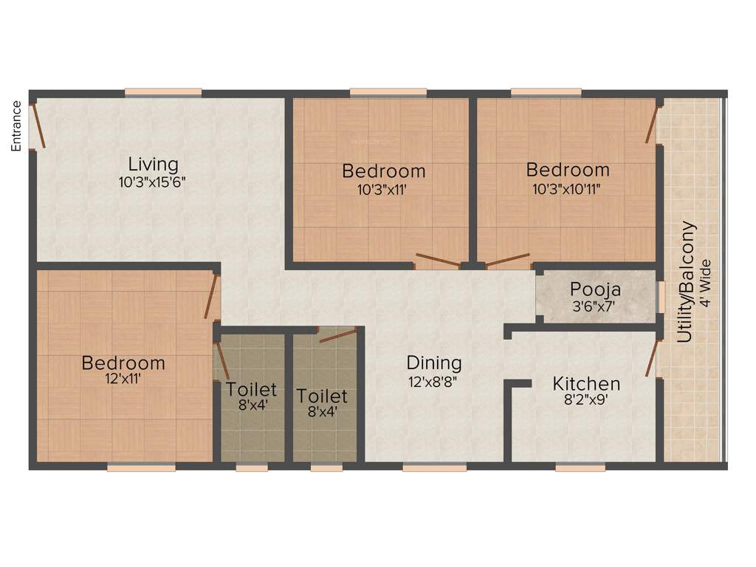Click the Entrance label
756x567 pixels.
coord(16,125)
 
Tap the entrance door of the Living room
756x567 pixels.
coord(37,126)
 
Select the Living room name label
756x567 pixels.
coord(153,164)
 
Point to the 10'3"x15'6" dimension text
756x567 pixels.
coord(153,182)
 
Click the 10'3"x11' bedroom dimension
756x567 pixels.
coord(383,189)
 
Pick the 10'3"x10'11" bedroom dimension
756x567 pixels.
coord(567,188)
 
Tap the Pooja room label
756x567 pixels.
coord(595,289)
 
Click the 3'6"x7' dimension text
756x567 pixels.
coord(595,306)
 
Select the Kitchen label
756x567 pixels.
coord(586,384)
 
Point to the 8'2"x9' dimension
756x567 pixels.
coord(586,402)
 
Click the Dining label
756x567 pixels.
coord(434,363)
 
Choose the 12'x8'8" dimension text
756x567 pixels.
coord(434,382)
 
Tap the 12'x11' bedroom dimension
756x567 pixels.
coord(123,381)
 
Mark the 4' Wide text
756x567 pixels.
coord(706,284)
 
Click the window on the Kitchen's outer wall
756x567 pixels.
coord(580,467)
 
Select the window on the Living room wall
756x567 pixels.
coord(163,92)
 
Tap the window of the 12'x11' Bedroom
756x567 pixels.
coord(141,467)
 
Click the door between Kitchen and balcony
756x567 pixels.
coord(652,357)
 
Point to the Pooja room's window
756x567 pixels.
coord(661,297)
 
